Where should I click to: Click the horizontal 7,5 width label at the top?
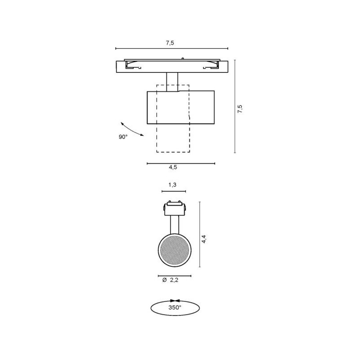click(x=170, y=43)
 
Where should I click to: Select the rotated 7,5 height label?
click(x=240, y=109)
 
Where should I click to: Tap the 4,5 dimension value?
click(x=173, y=167)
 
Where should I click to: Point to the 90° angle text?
click(x=123, y=137)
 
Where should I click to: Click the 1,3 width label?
click(x=172, y=185)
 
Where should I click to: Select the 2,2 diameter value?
click(x=175, y=280)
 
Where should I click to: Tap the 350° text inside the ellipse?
click(x=175, y=308)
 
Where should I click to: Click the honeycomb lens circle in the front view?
click(x=175, y=249)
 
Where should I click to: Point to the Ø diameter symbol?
click(x=164, y=280)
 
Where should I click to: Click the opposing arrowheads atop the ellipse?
click(x=175, y=300)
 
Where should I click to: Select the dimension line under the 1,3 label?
click(x=173, y=191)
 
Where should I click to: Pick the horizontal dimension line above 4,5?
click(x=181, y=163)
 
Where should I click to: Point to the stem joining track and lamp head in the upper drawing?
click(x=172, y=81)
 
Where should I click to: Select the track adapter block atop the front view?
click(x=174, y=209)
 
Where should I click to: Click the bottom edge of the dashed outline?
click(x=173, y=152)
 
